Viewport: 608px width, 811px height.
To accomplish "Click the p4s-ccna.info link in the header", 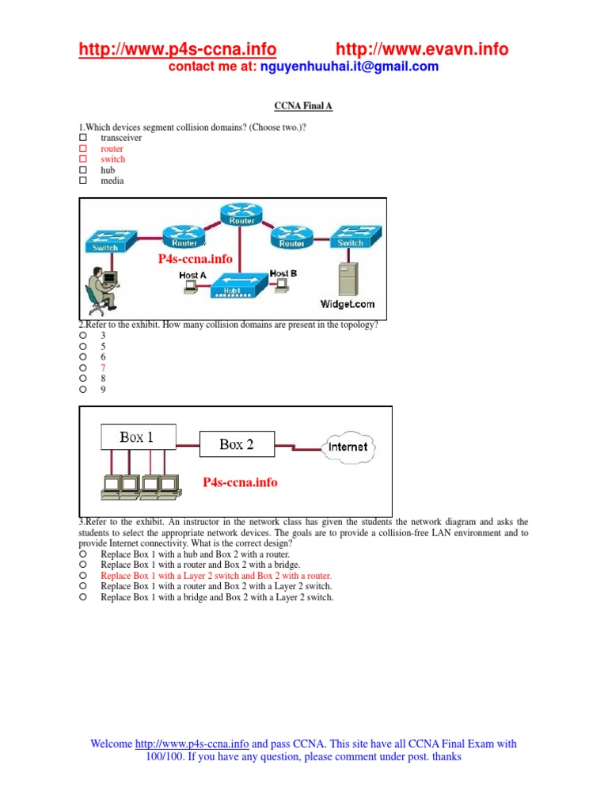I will pos(177,49).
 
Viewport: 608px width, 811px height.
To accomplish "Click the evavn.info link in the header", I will pos(423,49).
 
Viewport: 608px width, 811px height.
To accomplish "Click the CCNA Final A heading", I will pos(298,105).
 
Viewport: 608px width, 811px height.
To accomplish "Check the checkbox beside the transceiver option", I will pos(82,138).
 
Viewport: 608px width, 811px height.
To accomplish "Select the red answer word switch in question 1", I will pos(112,159).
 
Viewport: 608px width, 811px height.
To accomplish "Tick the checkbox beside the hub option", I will pos(82,170).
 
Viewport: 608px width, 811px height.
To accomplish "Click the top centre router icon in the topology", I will pos(241,211).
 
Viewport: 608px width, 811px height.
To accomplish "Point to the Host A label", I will pos(192,275).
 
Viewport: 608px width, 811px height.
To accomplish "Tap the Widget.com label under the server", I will pos(347,303).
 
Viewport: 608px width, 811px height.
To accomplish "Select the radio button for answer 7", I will pos(82,368).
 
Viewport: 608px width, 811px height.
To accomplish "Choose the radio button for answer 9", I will pos(82,390).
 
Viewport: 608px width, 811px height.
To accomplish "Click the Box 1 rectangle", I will pos(136,437).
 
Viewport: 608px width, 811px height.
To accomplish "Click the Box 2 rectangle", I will pos(237,445).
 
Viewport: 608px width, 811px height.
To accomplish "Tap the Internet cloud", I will pos(348,447).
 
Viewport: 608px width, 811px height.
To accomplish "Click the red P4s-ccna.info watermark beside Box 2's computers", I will pos(240,482).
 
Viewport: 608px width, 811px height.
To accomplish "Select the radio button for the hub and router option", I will pos(82,555).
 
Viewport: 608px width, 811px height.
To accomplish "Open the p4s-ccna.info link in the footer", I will pos(192,744).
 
